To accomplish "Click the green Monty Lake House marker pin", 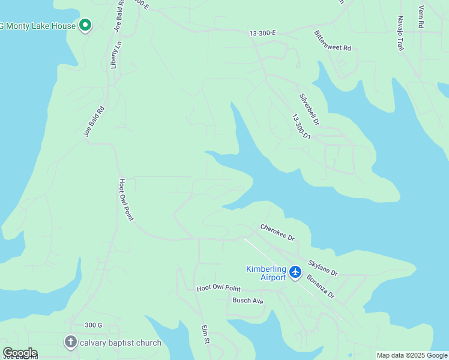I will pyautogui.click(x=85, y=25).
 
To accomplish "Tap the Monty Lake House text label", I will pyautogui.click(x=40, y=26).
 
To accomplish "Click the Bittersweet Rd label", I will pyautogui.click(x=333, y=41).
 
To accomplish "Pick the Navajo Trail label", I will pyautogui.click(x=400, y=34).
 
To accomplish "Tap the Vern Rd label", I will pyautogui.click(x=421, y=17).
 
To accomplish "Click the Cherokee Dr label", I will pyautogui.click(x=277, y=233).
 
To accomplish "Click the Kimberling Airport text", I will pyautogui.click(x=266, y=273).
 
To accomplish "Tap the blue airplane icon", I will pyautogui.click(x=295, y=272).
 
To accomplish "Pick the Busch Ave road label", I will pyautogui.click(x=248, y=301).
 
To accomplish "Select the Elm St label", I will pyautogui.click(x=204, y=335).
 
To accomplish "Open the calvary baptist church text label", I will pyautogui.click(x=121, y=343).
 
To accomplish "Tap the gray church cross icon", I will pyautogui.click(x=70, y=343).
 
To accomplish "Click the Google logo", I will pyautogui.click(x=20, y=353).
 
